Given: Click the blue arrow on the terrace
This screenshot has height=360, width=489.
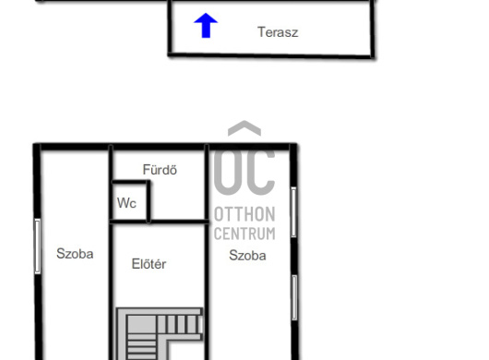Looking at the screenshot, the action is click(206, 26).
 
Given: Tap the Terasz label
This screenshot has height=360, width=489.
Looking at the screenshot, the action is click(278, 32).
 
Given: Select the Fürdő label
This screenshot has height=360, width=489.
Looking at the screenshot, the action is click(160, 170).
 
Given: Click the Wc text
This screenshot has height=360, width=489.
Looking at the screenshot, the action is click(126, 203).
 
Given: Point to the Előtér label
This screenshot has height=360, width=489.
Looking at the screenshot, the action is click(149, 264).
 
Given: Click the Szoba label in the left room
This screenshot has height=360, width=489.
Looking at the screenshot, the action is click(75, 254).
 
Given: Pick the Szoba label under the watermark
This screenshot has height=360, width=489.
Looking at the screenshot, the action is click(247, 256).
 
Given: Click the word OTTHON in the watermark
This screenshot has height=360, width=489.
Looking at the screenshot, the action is click(244, 214).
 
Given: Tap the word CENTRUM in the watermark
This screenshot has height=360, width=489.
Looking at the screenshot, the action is click(244, 234).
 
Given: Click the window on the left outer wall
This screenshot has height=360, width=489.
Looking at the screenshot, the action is click(38, 246).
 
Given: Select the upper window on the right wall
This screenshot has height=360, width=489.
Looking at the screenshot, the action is click(293, 212).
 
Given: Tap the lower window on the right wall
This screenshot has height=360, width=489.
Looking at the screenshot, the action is click(294, 297).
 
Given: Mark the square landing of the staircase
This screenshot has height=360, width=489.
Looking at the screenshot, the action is click(141, 324).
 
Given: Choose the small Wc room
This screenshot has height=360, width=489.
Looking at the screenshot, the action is click(129, 201).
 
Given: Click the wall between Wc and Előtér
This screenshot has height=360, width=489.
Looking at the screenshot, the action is click(129, 222).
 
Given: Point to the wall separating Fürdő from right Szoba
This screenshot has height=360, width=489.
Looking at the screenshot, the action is click(207, 183).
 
